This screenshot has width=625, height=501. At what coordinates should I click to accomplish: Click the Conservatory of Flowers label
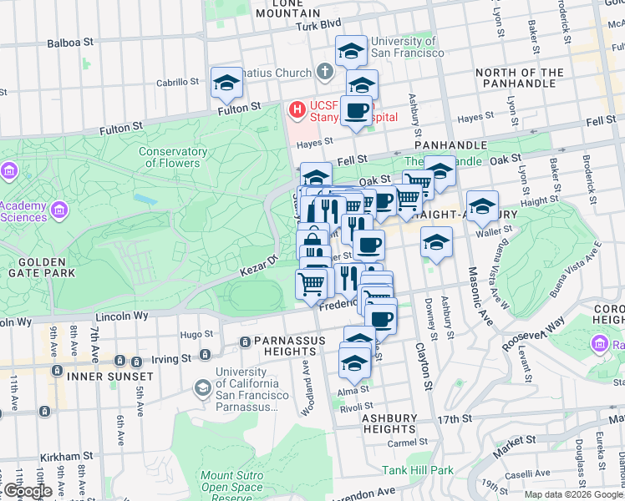point(173,157)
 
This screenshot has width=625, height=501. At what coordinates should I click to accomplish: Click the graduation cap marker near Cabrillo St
point(226,83)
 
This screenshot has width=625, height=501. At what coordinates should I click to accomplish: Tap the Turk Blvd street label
point(320,26)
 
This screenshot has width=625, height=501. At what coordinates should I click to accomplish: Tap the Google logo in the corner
point(28,491)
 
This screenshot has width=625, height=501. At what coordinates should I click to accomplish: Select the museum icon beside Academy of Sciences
point(59,209)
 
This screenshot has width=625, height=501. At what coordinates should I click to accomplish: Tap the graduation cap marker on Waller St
point(482,206)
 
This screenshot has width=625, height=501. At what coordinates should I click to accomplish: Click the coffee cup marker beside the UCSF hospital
point(356,110)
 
